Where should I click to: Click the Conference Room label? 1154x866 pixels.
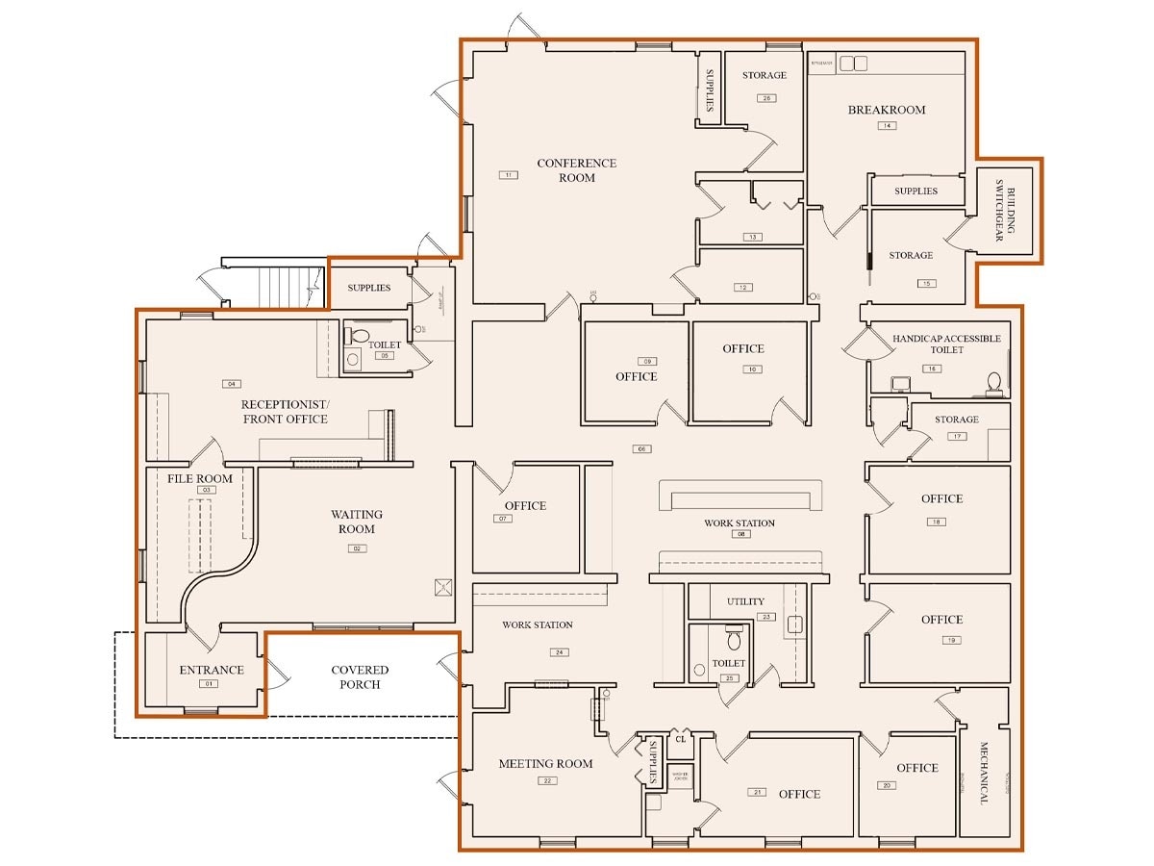tap(577, 170)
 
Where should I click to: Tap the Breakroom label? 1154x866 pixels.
tap(886, 110)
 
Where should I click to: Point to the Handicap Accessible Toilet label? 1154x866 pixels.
tap(946, 344)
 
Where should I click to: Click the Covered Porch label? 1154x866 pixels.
tap(360, 677)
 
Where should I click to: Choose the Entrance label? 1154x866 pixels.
tap(212, 670)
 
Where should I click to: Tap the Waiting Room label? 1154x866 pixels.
tap(356, 522)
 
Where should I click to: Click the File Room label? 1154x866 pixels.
tap(200, 478)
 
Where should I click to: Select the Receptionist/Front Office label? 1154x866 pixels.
tap(285, 411)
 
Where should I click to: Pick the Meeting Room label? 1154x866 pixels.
tap(545, 764)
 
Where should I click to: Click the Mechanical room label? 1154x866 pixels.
tap(985, 773)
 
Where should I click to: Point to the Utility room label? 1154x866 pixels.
tap(745, 601)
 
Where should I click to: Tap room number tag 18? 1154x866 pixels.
tap(935, 522)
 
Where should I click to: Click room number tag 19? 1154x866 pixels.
tap(951, 640)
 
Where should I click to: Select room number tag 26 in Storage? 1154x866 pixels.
tap(765, 98)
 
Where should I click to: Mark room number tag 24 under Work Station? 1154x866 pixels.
tap(559, 652)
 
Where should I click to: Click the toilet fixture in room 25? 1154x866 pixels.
tap(734, 639)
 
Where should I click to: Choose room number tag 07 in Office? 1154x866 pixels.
tap(504, 519)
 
